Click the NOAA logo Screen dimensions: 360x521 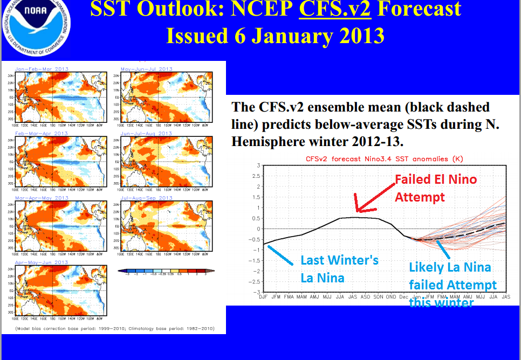click(35, 23)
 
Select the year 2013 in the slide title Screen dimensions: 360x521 click(358, 36)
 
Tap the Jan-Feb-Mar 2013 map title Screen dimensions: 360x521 click(42, 69)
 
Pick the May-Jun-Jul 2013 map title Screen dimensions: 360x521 click(147, 69)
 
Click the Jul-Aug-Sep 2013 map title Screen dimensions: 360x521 click(147, 198)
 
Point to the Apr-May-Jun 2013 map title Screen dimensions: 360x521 click(42, 262)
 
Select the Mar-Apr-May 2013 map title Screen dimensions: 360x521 click(42, 198)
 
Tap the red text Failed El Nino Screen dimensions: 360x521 click(436, 179)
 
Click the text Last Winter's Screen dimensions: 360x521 click(339, 260)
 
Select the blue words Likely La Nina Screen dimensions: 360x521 click(450, 267)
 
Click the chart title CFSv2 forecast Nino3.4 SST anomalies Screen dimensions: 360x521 click(384, 159)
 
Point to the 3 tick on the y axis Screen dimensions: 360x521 click(258, 165)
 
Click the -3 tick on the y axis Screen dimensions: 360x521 click(257, 292)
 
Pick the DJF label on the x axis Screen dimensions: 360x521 click(263, 297)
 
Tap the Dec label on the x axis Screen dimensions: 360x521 click(405, 297)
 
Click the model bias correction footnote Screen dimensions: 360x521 click(114, 328)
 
